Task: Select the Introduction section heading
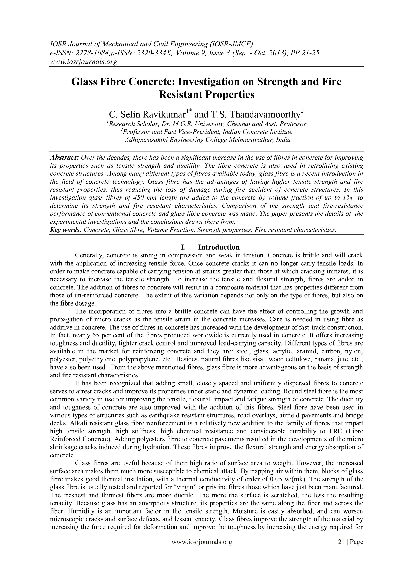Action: point(219,247)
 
